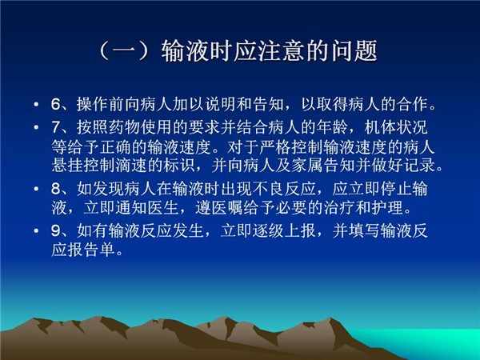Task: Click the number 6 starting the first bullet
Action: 57,105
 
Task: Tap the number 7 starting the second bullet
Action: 57,128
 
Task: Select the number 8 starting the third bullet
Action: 57,189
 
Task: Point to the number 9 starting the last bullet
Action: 57,230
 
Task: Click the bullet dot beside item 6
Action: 37,105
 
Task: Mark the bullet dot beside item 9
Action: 37,230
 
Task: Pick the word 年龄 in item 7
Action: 332,127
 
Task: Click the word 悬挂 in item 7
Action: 67,166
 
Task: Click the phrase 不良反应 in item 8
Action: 284,188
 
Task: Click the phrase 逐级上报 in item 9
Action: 284,230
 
